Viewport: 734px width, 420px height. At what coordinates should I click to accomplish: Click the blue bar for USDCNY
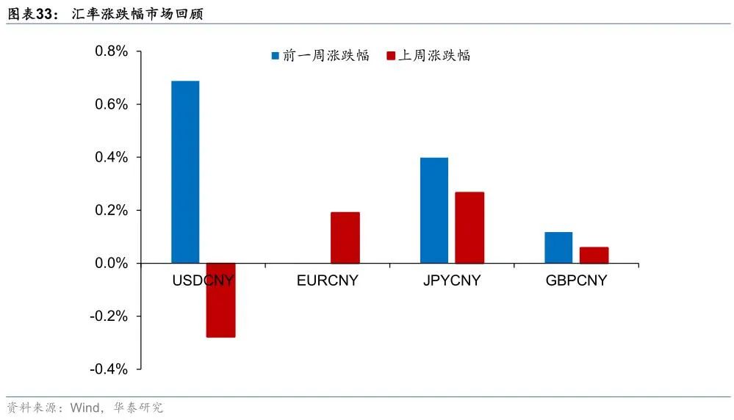click(x=185, y=172)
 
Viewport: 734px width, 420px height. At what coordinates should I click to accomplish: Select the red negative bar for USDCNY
click(x=220, y=300)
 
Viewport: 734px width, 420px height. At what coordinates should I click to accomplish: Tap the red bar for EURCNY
click(x=345, y=237)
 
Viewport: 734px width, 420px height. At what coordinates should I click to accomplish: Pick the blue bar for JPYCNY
click(x=434, y=210)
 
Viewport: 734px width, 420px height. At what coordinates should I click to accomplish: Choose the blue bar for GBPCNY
click(x=558, y=247)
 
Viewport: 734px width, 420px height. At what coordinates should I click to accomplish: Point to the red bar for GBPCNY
click(x=594, y=255)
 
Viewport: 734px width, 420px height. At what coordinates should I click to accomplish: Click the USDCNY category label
click(x=203, y=280)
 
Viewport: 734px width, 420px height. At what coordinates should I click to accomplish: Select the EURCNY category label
click(x=328, y=280)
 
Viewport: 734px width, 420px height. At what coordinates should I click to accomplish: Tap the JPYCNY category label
click(x=452, y=280)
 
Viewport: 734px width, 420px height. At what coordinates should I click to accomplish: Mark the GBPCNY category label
click(x=576, y=280)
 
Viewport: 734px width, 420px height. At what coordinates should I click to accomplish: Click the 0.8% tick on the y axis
click(x=111, y=52)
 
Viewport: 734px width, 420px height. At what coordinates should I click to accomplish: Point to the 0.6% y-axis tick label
click(x=111, y=105)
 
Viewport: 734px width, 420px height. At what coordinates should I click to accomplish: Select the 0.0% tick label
click(x=111, y=264)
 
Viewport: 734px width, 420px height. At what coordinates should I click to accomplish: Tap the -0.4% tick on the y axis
click(x=109, y=369)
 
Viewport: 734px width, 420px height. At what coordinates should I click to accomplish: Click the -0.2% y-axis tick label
click(x=109, y=316)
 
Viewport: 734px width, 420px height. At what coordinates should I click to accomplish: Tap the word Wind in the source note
click(x=86, y=408)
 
